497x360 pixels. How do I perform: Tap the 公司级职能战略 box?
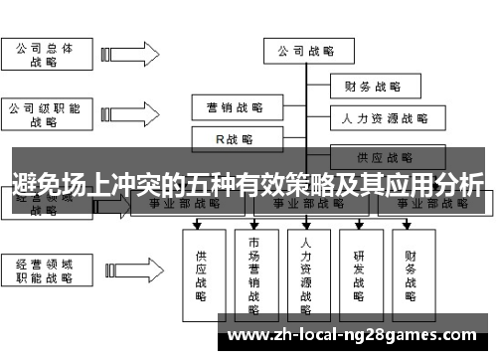coord(43,114)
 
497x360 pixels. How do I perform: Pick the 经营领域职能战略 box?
coord(43,271)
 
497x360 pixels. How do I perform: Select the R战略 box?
coord(235,139)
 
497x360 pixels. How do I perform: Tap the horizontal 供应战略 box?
coord(385,157)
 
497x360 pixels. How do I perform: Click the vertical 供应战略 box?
coord(202,269)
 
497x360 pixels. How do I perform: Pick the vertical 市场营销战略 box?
coord(254,269)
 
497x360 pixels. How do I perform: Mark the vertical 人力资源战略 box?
coord(307,269)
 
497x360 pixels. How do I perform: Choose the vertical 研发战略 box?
coord(359,269)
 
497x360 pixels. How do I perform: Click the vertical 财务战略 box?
coord(412,269)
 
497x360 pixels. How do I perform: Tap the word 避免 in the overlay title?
coord(35,184)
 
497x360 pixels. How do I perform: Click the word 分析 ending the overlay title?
coord(459,184)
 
